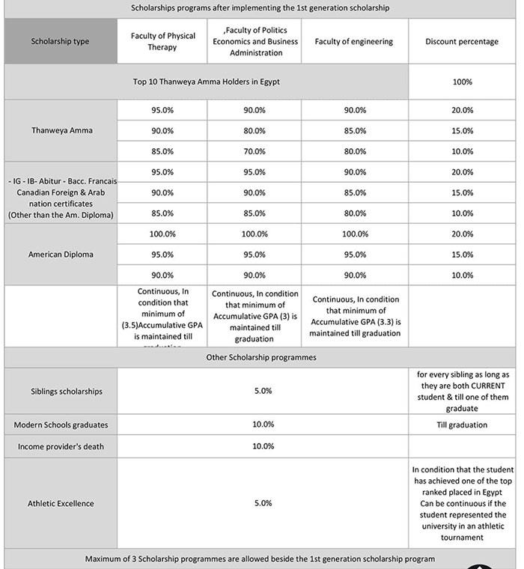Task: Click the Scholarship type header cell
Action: tap(60, 41)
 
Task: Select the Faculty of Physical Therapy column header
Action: tap(162, 41)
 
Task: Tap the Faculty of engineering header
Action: tap(354, 41)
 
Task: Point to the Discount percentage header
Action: tap(462, 41)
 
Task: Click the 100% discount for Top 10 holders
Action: tap(462, 82)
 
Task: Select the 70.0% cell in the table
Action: tap(255, 151)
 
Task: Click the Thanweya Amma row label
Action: tap(61, 130)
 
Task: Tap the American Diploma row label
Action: tap(61, 255)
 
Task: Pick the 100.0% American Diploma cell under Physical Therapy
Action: tap(162, 234)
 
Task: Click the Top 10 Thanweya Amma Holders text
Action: tap(206, 82)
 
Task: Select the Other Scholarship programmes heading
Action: tap(261, 357)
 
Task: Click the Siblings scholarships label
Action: tap(61, 391)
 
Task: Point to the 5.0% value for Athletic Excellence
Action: tap(263, 503)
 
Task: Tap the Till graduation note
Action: tap(462, 425)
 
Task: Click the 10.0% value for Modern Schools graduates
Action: tap(263, 425)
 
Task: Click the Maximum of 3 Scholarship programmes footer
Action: tap(260, 559)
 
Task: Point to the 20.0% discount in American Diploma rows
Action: tap(462, 234)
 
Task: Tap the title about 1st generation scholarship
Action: tap(260, 7)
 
